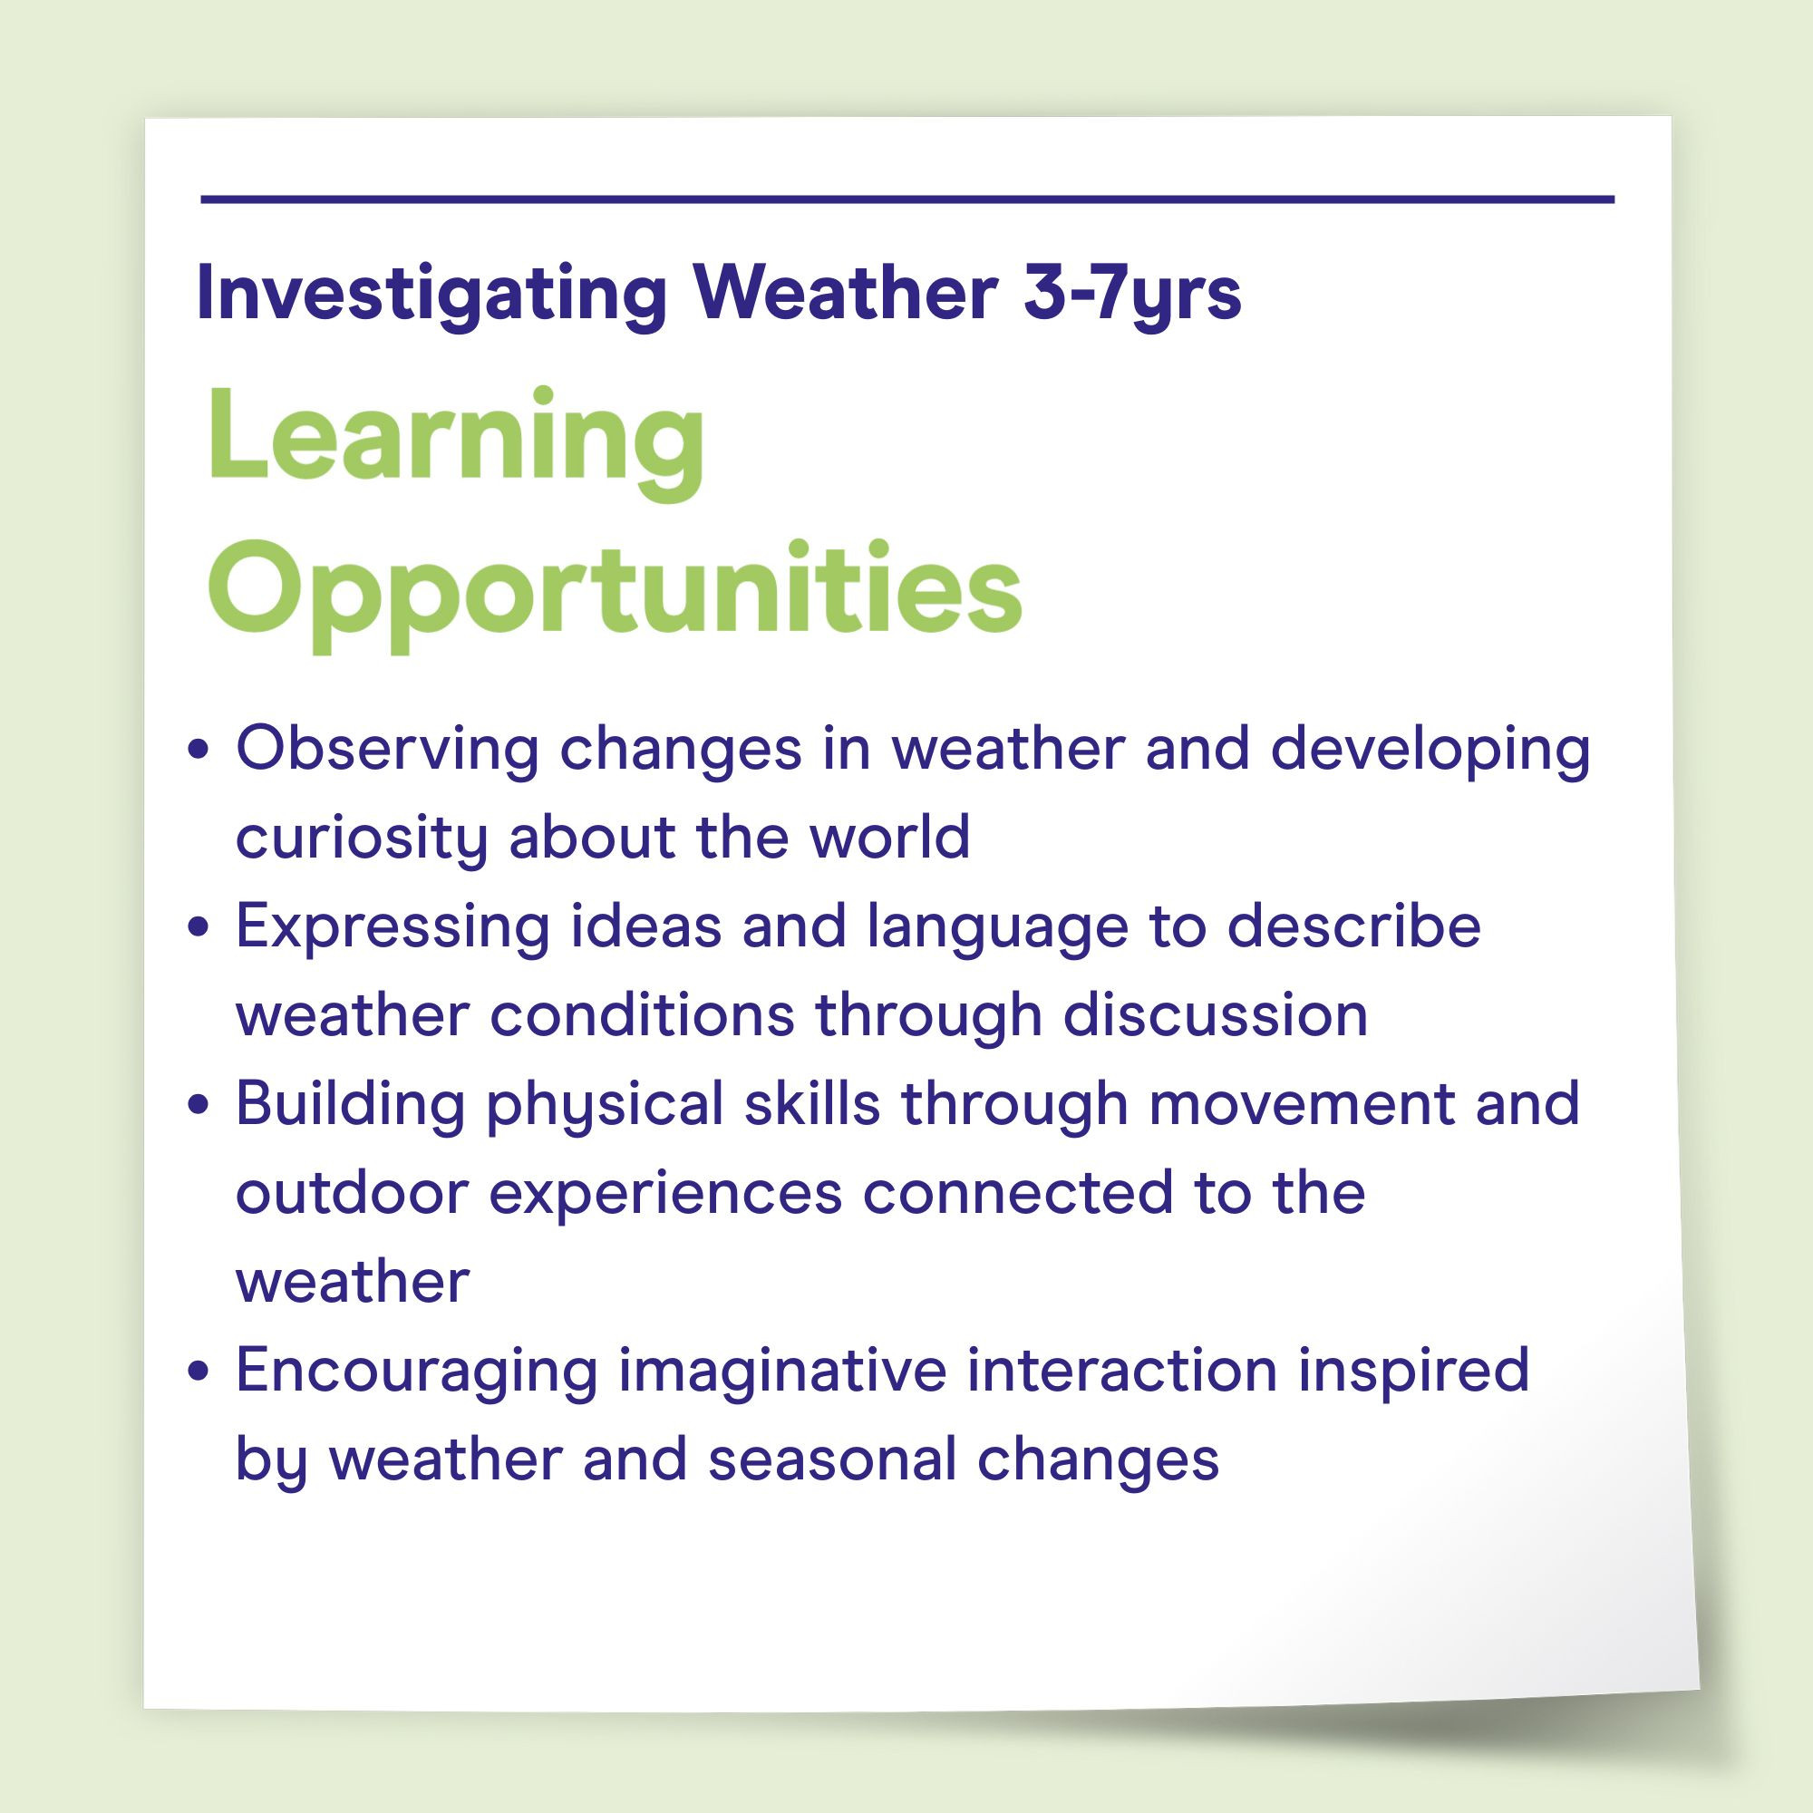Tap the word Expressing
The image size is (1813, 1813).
393,927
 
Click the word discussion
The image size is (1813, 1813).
1216,1014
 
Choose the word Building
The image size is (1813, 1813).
350,1104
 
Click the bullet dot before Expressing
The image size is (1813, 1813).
197,928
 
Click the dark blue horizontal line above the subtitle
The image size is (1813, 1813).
906,199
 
